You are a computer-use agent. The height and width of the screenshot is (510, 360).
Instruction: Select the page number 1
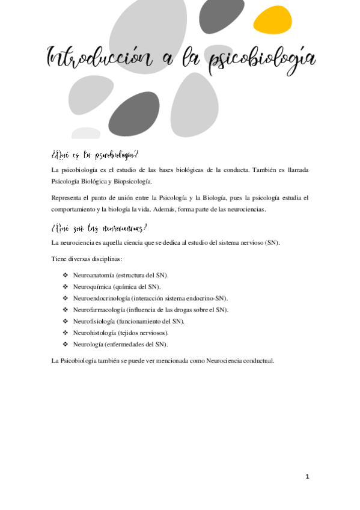[307, 476]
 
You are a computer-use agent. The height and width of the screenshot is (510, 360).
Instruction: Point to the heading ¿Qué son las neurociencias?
[99, 228]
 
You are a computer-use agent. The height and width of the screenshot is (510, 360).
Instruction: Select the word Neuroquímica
[91, 286]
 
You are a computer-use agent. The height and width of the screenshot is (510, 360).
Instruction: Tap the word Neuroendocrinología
[103, 298]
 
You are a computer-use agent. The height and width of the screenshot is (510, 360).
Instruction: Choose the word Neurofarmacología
[99, 309]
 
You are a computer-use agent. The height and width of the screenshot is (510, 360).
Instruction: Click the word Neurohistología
[95, 333]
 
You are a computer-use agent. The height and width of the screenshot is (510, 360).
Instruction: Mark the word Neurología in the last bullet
[88, 344]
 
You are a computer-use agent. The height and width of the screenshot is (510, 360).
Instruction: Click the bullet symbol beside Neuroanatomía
[66, 275]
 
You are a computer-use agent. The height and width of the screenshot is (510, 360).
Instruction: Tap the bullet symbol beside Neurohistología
[66, 333]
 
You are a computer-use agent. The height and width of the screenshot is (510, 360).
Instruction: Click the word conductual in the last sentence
[258, 361]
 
